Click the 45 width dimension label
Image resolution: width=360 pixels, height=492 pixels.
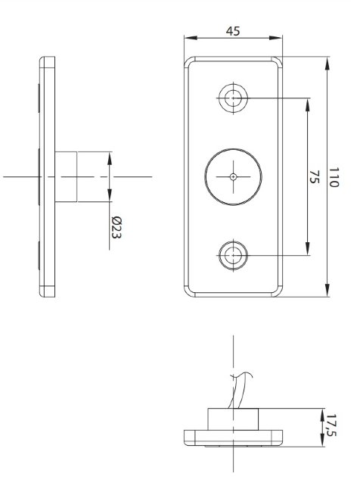(233, 31)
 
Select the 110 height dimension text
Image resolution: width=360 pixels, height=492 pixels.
(334, 177)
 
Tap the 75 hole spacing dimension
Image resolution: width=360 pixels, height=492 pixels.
(314, 177)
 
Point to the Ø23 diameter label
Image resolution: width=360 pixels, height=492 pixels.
(116, 228)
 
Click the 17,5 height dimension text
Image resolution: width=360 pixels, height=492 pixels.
(331, 425)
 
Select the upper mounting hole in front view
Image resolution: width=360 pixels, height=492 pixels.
(233, 98)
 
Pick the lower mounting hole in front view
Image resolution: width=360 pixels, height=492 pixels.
(233, 255)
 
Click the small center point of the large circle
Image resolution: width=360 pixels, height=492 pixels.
(233, 177)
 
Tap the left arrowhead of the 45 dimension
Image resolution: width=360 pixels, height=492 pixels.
(191, 38)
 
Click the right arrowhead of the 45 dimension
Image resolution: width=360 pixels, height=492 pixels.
(275, 38)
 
